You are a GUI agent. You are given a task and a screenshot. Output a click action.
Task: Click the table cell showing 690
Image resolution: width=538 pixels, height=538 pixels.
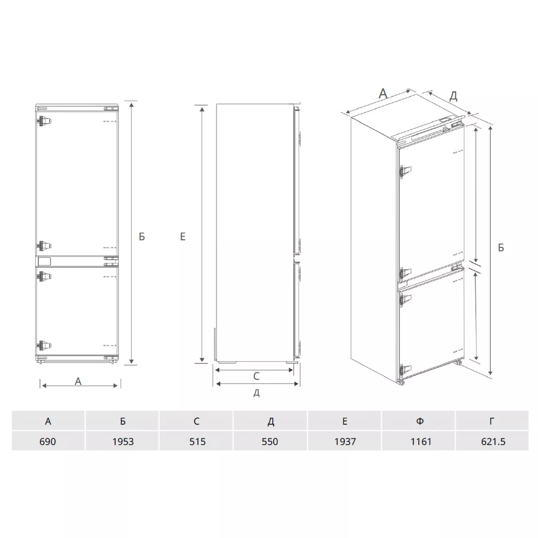[48, 441]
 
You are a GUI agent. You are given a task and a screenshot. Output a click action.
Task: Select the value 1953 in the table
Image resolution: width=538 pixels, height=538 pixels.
[123, 441]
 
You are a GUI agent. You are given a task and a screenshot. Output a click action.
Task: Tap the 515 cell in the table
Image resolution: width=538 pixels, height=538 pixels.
[197, 441]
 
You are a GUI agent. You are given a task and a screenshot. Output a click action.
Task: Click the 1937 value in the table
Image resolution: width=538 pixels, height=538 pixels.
[345, 441]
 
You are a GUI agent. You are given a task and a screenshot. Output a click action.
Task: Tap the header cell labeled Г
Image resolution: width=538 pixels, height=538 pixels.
[492, 421]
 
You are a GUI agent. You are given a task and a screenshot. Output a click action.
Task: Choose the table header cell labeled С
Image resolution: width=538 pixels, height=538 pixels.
[197, 421]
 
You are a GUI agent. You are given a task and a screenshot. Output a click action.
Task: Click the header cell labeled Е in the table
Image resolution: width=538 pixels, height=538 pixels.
[345, 421]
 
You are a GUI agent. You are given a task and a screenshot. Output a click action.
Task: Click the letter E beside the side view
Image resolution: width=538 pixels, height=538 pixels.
[183, 237]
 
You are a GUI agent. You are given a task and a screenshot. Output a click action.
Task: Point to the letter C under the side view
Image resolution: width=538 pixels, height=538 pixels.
[256, 376]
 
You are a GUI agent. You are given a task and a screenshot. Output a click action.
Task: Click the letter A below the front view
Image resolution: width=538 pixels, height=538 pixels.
[78, 381]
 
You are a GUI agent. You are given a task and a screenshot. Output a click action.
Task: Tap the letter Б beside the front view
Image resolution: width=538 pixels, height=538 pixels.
[142, 237]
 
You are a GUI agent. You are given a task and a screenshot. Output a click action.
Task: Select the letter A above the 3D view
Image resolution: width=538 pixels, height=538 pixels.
[383, 94]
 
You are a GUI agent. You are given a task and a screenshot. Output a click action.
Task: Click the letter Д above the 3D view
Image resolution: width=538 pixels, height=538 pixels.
[453, 96]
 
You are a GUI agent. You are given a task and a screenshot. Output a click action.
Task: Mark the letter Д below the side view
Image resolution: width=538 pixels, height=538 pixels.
[256, 393]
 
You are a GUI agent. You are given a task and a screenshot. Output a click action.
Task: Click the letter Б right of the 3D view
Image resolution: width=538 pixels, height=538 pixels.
[501, 247]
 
